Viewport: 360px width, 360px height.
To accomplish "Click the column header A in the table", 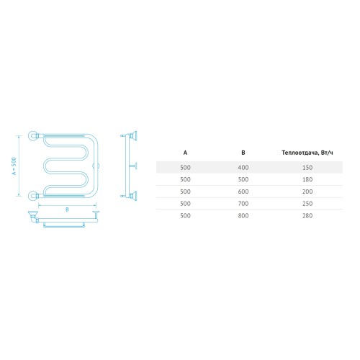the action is [x=185, y=153].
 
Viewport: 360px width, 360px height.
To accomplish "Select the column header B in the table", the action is [x=243, y=153].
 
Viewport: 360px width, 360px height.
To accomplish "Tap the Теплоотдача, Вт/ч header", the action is [x=307, y=153].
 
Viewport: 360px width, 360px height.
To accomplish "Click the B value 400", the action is [x=243, y=168].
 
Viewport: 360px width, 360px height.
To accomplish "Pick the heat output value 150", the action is [x=307, y=168].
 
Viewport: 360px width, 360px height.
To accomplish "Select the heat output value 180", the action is [x=307, y=179].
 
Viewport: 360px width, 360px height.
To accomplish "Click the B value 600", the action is [x=243, y=192].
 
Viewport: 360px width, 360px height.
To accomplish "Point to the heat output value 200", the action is [x=307, y=192].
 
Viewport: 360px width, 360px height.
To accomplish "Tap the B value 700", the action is [x=243, y=204].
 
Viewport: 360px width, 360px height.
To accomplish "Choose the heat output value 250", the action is [x=307, y=204].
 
